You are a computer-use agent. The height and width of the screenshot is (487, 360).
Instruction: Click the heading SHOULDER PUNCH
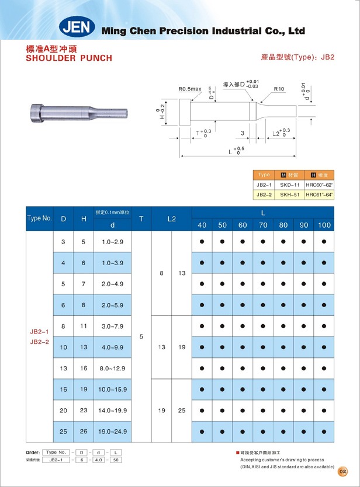click(x=69, y=58)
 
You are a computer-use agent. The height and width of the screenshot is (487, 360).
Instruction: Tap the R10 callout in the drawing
click(x=279, y=89)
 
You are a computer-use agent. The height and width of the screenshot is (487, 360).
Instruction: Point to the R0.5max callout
click(x=190, y=89)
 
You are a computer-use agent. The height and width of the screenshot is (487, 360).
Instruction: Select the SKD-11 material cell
click(x=290, y=185)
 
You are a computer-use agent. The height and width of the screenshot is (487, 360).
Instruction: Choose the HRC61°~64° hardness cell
click(x=319, y=194)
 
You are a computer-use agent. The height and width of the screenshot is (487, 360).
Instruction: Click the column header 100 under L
click(x=324, y=225)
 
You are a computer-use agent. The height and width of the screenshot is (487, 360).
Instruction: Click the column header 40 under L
click(x=202, y=225)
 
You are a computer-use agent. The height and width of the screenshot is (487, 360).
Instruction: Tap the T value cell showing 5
click(x=141, y=336)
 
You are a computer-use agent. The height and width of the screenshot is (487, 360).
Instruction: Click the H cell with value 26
click(x=84, y=431)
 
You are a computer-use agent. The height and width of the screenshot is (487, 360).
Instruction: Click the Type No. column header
click(x=39, y=218)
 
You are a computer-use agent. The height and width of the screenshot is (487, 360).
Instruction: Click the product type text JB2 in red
click(x=328, y=58)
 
